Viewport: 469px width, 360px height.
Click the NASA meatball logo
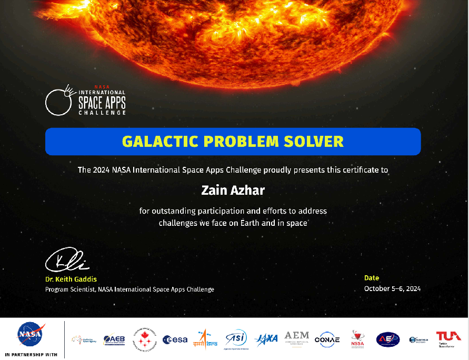pyautogui.click(x=31, y=335)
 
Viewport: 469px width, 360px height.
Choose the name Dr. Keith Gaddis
pyautogui.click(x=71, y=279)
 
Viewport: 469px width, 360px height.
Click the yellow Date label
pyautogui.click(x=372, y=278)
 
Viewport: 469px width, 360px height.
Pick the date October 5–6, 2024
pyautogui.click(x=392, y=288)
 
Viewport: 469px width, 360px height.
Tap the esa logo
pyautogui.click(x=175, y=339)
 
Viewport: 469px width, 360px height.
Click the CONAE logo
pyautogui.click(x=327, y=339)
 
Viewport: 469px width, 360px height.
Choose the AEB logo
pyautogui.click(x=114, y=339)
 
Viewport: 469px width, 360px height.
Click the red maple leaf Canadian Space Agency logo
pyautogui.click(x=144, y=338)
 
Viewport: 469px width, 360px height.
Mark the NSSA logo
pyautogui.click(x=357, y=339)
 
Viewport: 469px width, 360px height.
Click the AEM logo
pyautogui.click(x=297, y=338)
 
